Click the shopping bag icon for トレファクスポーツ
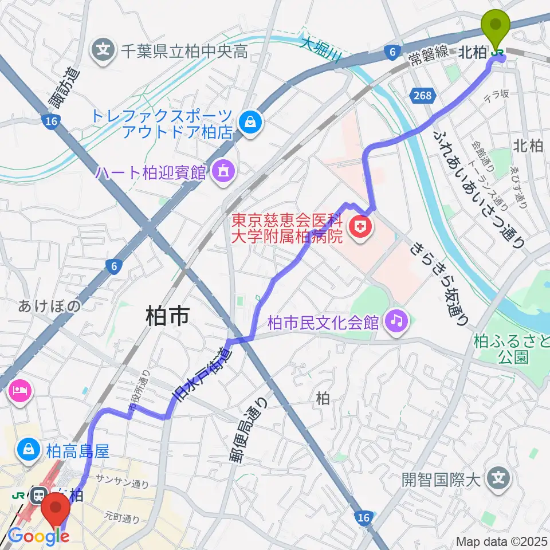pos(250,121)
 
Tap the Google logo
pos(38,537)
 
